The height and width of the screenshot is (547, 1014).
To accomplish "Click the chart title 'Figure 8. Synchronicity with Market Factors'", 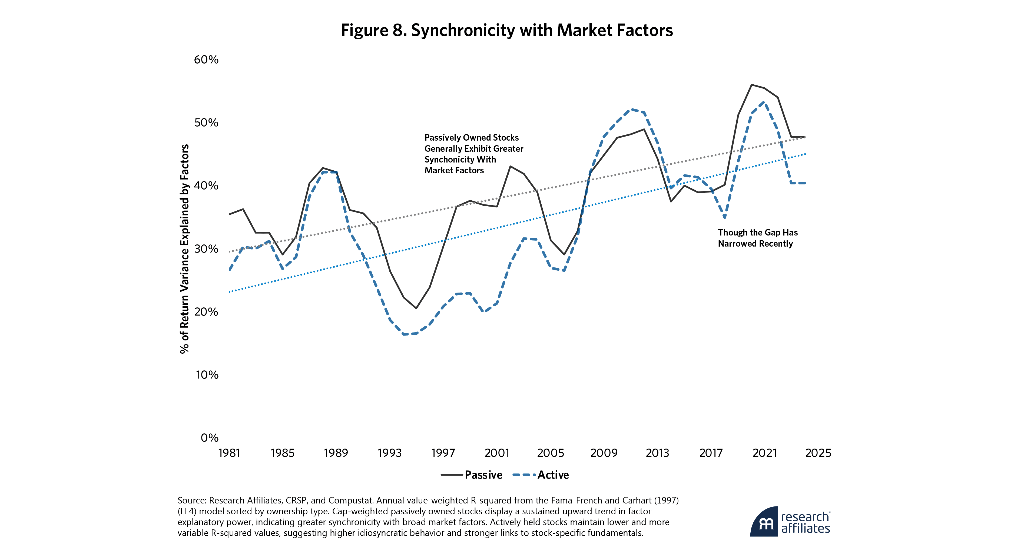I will click(x=507, y=30).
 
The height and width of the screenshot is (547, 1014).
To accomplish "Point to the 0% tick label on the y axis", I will click(x=209, y=437).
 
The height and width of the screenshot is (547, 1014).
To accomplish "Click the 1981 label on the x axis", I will click(x=229, y=453).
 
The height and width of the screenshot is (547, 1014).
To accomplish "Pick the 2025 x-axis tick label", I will click(x=818, y=453).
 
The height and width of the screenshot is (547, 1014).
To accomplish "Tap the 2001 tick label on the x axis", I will click(x=497, y=453).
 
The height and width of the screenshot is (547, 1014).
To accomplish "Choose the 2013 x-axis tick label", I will click(x=657, y=453).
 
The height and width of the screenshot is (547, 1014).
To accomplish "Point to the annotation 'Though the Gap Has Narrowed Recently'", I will click(x=757, y=238).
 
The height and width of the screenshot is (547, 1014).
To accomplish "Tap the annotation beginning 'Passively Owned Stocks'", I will click(x=473, y=154).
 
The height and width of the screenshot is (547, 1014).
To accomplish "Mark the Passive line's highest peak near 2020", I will click(x=751, y=85).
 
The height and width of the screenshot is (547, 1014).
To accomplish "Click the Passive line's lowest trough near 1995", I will click(x=416, y=308).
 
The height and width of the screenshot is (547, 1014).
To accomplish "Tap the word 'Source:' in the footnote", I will click(x=192, y=500).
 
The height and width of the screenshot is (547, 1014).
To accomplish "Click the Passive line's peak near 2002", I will click(x=510, y=166).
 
